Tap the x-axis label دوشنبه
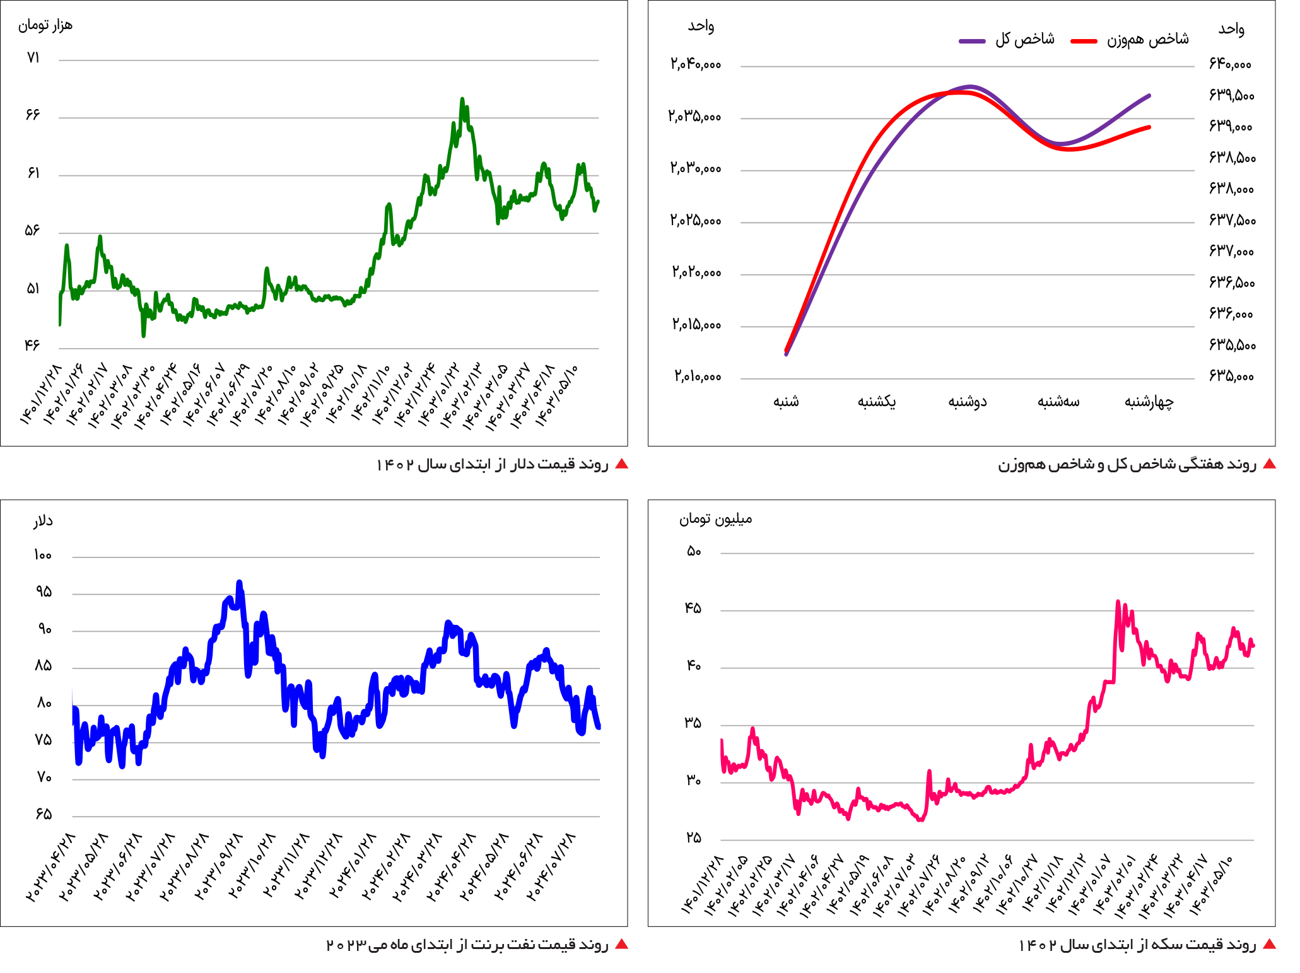coord(968,402)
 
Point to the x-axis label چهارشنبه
coord(1149,402)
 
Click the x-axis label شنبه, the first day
coord(786,402)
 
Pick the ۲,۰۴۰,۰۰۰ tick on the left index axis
coord(696,64)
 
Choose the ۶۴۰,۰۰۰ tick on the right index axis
coord(1230,64)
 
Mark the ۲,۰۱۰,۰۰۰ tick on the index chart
coord(698,377)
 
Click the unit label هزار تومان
coord(45,25)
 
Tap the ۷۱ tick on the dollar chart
coord(33,58)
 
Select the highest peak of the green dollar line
coord(462,100)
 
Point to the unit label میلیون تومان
coord(715,519)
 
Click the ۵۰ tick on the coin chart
coord(694,552)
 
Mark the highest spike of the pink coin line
coord(1118,602)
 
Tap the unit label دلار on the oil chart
coord(43,521)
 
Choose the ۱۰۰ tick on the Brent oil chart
coord(43,556)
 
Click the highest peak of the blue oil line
coord(239,583)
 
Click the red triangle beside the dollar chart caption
coord(621,464)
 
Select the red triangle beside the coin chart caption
coord(1269,944)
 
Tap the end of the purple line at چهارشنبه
coord(1149,96)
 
